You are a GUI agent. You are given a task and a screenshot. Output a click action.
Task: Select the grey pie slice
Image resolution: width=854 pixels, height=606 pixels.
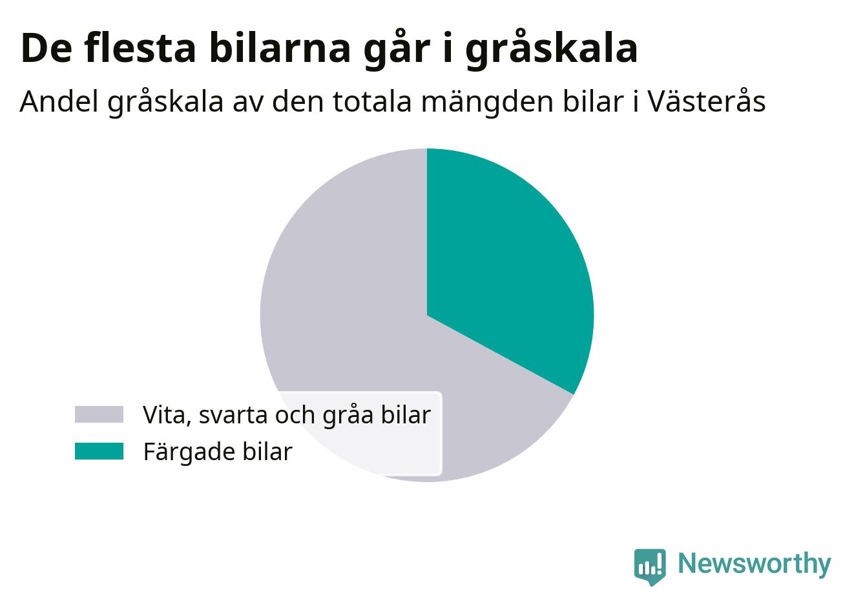[343, 305]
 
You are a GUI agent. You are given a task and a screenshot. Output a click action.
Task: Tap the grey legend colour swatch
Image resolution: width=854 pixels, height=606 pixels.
[99, 414]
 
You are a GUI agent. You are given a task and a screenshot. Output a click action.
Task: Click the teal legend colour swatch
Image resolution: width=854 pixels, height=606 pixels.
[99, 451]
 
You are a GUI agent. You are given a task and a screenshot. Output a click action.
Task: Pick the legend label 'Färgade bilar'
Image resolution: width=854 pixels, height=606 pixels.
[218, 452]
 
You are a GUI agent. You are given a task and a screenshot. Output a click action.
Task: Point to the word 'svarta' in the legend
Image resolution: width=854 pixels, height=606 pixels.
[233, 416]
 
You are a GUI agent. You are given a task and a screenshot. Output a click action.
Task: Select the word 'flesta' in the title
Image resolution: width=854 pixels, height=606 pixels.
[140, 48]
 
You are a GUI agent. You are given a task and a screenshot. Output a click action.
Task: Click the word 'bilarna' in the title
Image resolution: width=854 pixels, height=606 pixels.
[280, 48]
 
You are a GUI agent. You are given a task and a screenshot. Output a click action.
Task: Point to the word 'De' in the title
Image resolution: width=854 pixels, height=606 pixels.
[47, 48]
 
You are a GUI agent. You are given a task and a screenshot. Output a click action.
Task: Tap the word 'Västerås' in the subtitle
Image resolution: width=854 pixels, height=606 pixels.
[707, 101]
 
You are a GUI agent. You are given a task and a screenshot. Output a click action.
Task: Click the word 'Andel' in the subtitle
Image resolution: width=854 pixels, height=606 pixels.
[59, 102]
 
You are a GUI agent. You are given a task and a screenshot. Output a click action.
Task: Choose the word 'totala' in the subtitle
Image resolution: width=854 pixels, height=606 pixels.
[373, 102]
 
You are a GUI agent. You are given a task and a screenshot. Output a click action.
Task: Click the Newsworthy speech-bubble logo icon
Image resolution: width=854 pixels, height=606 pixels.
[650, 567]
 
